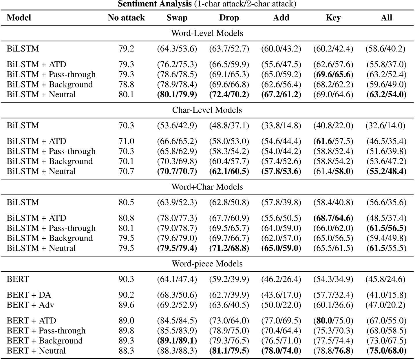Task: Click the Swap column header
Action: click(x=177, y=18)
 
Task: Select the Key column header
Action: click(x=333, y=18)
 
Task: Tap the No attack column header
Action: click(x=126, y=18)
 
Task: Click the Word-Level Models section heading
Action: click(x=207, y=33)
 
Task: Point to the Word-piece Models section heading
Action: click(x=207, y=264)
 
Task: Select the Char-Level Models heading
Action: click(x=207, y=110)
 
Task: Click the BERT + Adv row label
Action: click(x=30, y=305)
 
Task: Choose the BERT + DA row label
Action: click(x=29, y=295)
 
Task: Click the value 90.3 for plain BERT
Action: click(x=126, y=279)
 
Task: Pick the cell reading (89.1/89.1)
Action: click(x=177, y=341)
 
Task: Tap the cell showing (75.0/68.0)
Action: click(x=386, y=350)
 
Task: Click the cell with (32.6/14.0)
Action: click(x=386, y=125)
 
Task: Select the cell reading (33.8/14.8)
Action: click(x=281, y=125)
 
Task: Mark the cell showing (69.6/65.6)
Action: click(x=333, y=74)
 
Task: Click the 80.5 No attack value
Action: click(x=126, y=202)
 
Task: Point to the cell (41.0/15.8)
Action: click(x=386, y=295)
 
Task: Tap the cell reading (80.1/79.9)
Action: click(x=177, y=94)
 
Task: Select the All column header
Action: click(x=386, y=18)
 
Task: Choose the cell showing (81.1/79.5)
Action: click(x=229, y=350)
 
